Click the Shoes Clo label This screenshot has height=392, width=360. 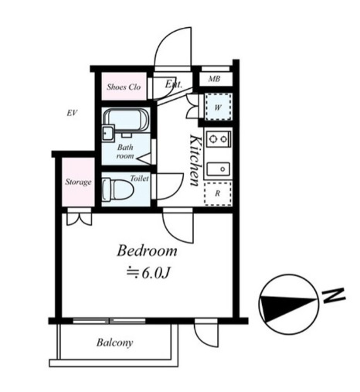[x=124, y=87]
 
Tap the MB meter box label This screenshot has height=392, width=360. [x=214, y=79]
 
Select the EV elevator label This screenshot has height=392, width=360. [x=72, y=113]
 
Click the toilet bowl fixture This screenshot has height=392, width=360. [x=118, y=189]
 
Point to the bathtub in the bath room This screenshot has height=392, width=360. [x=126, y=120]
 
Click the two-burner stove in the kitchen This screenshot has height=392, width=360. [x=219, y=139]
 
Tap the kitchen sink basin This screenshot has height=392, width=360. [x=219, y=169]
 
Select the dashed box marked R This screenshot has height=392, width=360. [x=218, y=194]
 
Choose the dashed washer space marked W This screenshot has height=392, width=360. [x=219, y=107]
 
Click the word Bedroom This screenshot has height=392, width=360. [x=147, y=251]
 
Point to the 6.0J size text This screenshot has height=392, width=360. [x=149, y=273]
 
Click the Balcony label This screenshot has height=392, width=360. [x=115, y=343]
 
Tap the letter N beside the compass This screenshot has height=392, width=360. [x=334, y=295]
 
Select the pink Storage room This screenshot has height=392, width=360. [x=78, y=182]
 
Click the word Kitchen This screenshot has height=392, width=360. [x=195, y=160]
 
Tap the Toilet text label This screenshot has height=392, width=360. [x=139, y=178]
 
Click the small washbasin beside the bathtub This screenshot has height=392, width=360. [x=108, y=133]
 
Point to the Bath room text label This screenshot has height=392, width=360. [x=125, y=152]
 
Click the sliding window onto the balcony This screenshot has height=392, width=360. [x=109, y=321]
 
